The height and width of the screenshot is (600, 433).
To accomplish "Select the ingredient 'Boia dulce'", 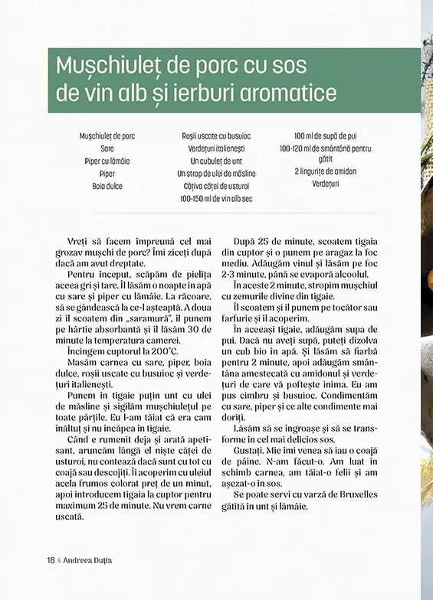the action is [x=107, y=186].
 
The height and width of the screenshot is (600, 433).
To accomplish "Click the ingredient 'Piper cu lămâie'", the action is [x=107, y=161].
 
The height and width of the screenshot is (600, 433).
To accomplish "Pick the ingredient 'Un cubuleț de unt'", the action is [x=216, y=161].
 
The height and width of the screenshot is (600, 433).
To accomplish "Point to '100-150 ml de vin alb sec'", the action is [x=216, y=198].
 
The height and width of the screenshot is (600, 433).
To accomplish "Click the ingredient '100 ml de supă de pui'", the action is [x=325, y=135].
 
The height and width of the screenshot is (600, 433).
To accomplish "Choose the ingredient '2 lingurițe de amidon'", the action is [x=325, y=171].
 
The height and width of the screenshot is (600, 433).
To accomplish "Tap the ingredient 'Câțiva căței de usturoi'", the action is [x=216, y=186].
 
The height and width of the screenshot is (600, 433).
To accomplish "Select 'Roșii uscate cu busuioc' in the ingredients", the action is [x=216, y=135].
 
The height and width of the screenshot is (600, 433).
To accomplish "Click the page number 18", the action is [x=51, y=559].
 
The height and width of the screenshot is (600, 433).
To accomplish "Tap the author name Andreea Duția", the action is [x=88, y=559].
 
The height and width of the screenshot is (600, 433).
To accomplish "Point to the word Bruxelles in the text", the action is [x=357, y=494].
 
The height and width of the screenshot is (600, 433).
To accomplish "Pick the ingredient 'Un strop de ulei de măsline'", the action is [x=216, y=174].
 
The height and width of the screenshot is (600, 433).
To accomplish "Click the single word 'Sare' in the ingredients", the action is [x=107, y=148].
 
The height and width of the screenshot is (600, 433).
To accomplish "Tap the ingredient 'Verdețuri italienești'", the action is [x=216, y=148].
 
